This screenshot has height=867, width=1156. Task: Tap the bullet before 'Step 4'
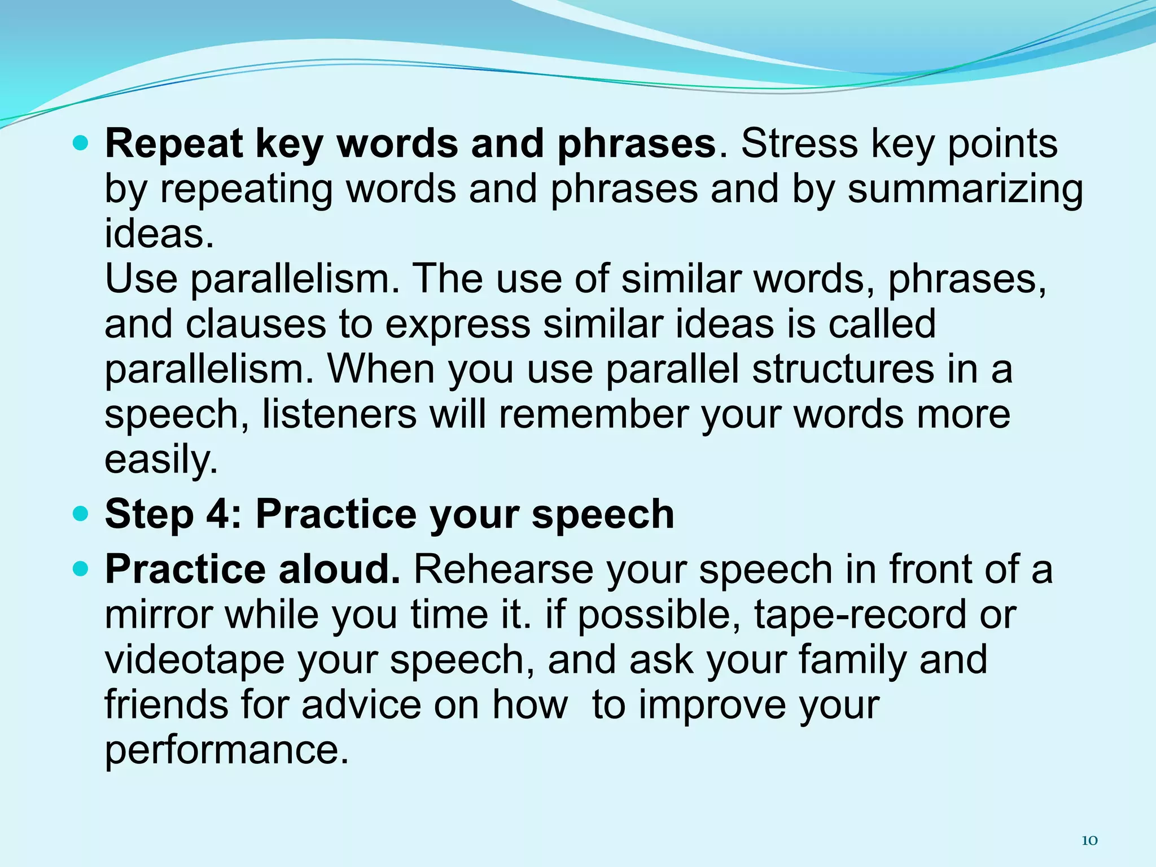pos(81,515)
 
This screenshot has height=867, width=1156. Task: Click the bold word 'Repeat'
pos(173,144)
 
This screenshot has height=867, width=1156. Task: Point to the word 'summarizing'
pos(965,190)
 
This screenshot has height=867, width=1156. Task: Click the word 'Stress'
pos(798,143)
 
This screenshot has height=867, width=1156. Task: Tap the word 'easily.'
pos(161,459)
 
